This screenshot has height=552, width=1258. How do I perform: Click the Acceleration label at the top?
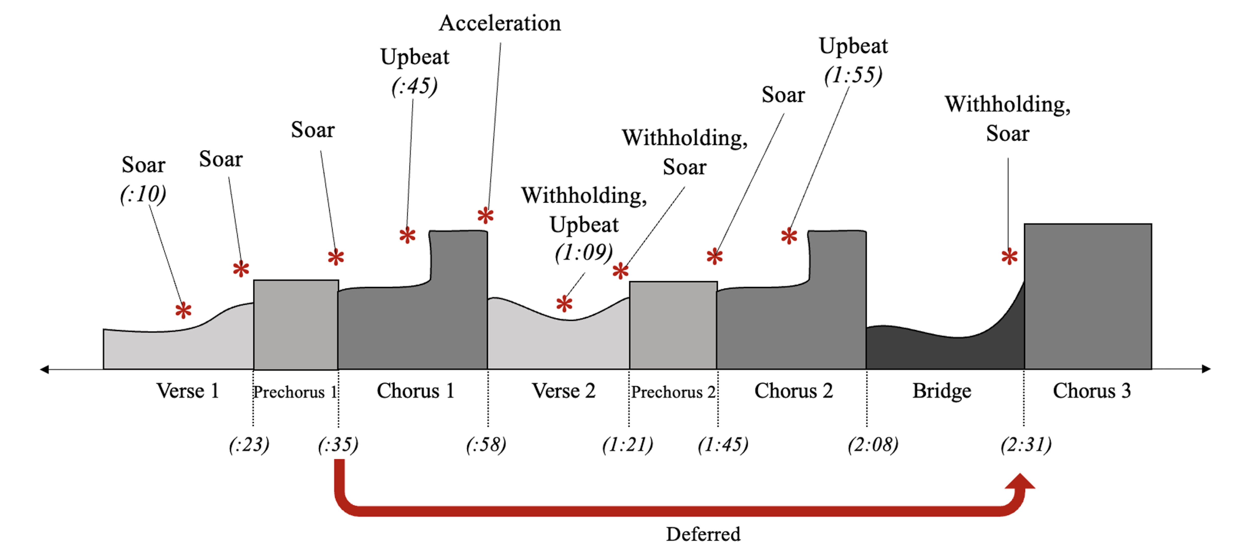point(500,23)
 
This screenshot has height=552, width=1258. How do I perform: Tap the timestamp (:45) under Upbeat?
point(414,86)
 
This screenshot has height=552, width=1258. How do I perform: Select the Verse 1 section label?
point(187,391)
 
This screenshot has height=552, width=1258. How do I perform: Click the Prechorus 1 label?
point(295,392)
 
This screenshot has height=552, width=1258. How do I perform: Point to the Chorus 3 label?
point(1091,391)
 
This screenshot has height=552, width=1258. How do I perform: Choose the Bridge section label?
point(941,391)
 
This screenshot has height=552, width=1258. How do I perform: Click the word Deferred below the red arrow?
point(703,534)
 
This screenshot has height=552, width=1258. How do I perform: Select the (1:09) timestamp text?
point(583,252)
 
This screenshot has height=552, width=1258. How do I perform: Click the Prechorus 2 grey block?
point(673,325)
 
